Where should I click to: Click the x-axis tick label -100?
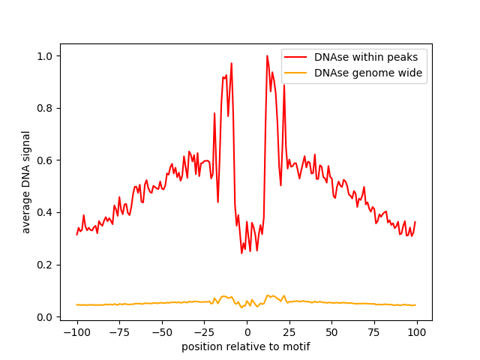[x=76, y=332]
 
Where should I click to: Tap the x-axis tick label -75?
[x=119, y=332]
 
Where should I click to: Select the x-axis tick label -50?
[x=162, y=332]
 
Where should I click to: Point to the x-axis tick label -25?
[x=204, y=332]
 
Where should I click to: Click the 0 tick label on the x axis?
[x=247, y=332]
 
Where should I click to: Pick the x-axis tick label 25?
[x=289, y=332]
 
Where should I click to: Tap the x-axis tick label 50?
[x=332, y=332]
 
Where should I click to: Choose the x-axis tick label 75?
[x=374, y=332]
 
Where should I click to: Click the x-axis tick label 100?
[x=417, y=332]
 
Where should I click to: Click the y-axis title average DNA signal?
[x=26, y=181]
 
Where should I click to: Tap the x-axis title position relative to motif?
[x=246, y=346]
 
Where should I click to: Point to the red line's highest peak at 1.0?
[x=267, y=55]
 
